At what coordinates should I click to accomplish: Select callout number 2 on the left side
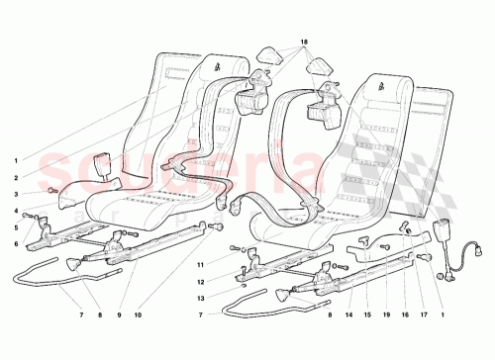pyautogui.click(x=15, y=178)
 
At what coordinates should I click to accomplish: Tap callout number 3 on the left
pyautogui.click(x=15, y=194)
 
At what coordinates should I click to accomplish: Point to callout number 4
pyautogui.click(x=15, y=211)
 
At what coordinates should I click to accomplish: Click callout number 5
pyautogui.click(x=15, y=227)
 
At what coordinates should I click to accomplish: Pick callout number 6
pyautogui.click(x=15, y=243)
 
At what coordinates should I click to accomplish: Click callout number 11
pyautogui.click(x=199, y=265)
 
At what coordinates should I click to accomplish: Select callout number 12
pyautogui.click(x=199, y=283)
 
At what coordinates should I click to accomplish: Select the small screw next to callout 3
pyautogui.click(x=51, y=190)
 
